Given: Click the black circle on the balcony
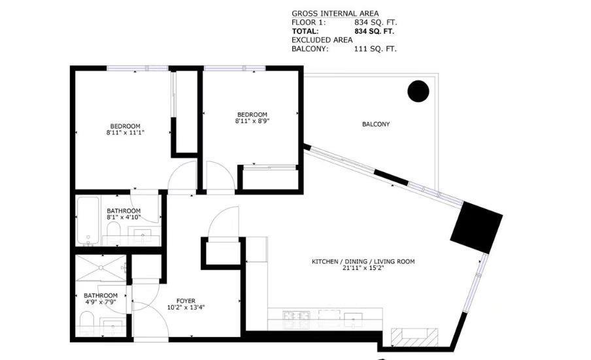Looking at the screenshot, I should (418, 91).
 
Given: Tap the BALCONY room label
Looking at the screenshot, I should (376, 124).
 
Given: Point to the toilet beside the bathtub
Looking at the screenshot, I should (113, 231).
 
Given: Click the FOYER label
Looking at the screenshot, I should (186, 301).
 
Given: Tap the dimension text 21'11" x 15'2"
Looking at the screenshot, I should (363, 269).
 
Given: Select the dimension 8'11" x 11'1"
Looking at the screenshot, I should (125, 133).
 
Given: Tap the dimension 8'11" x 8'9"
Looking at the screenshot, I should (252, 121).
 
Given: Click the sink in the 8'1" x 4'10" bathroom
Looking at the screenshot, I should (142, 233).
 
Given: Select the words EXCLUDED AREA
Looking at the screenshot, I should (322, 40).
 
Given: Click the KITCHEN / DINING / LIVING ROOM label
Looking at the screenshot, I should (363, 261).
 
